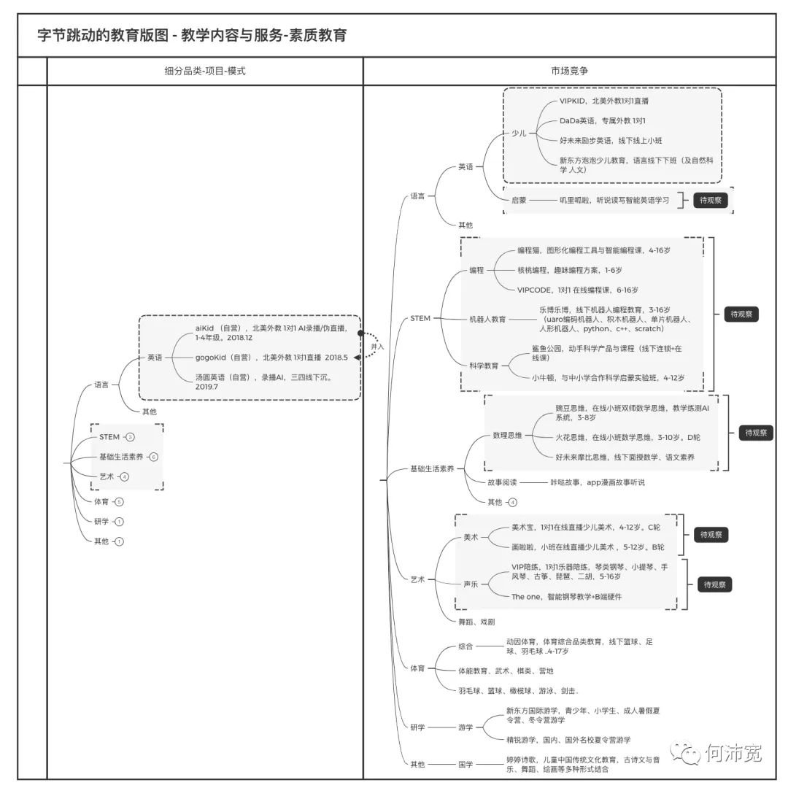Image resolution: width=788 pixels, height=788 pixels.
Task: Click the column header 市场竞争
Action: pyautogui.click(x=569, y=71)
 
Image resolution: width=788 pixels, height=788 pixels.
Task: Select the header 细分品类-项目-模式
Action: pyautogui.click(x=205, y=71)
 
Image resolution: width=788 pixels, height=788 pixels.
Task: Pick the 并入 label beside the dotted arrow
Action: pyautogui.click(x=377, y=347)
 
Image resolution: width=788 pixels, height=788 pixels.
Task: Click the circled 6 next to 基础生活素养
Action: pyautogui.click(x=153, y=457)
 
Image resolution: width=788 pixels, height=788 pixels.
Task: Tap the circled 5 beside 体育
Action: pyautogui.click(x=119, y=502)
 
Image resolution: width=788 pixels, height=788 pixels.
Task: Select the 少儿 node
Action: pyautogui.click(x=519, y=133)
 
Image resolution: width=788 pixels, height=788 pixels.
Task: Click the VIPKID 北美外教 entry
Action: pyautogui.click(x=603, y=101)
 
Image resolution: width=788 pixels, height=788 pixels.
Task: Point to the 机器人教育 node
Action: pyautogui.click(x=487, y=319)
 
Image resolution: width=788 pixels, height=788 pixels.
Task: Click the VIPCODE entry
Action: pyautogui.click(x=577, y=290)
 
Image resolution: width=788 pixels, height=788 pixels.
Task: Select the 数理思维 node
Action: pyautogui.click(x=507, y=436)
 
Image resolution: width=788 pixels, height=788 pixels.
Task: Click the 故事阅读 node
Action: pyautogui.click(x=502, y=482)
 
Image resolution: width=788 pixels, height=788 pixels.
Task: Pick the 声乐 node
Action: pyautogui.click(x=471, y=584)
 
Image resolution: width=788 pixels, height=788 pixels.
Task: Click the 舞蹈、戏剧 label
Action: pyautogui.click(x=476, y=622)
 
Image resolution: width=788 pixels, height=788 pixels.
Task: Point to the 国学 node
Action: pyautogui.click(x=466, y=764)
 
